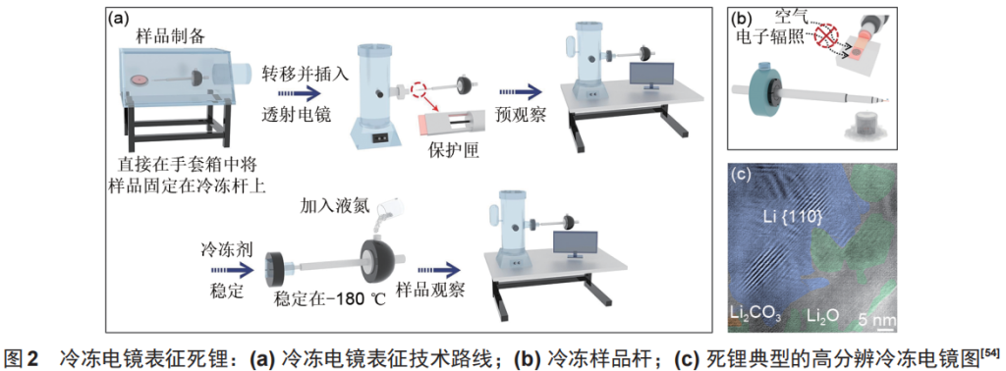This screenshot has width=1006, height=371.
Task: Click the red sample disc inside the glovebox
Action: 139,80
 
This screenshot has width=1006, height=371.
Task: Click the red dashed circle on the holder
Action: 421,90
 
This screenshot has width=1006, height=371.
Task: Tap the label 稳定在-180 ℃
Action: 329,298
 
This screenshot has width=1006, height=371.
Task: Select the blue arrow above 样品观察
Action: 437,269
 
